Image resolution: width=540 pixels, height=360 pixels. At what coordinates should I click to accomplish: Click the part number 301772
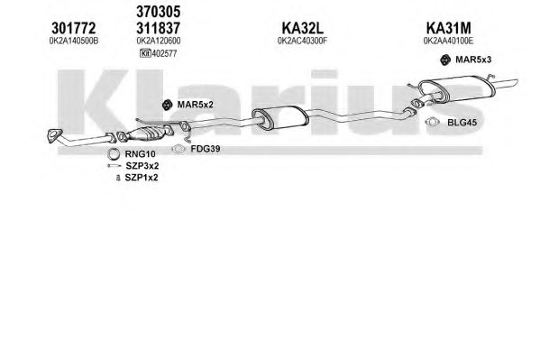coord(73,28)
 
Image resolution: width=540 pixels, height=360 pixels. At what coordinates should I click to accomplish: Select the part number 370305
coord(159,12)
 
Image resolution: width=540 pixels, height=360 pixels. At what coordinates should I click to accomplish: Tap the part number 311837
coord(159,28)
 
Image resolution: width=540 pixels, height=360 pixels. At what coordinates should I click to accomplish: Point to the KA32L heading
coord(303,28)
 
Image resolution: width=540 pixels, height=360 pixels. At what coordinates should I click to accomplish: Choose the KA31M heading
coord(448,28)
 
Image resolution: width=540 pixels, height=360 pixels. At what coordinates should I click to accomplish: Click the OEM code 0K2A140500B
coord(74,41)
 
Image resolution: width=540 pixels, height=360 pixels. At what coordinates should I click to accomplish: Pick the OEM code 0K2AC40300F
coord(302,41)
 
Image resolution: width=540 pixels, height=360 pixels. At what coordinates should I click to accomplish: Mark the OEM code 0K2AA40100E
coord(448,41)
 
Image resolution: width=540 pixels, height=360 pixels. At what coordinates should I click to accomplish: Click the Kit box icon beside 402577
coord(145,53)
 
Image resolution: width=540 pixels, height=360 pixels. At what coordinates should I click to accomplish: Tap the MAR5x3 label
coord(473,60)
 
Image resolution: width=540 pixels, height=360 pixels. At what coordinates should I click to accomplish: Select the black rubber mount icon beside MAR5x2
coord(167,105)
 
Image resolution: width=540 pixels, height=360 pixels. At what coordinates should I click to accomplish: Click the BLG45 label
coord(462,123)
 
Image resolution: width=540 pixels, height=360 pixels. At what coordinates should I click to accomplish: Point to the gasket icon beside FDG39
coord(178,149)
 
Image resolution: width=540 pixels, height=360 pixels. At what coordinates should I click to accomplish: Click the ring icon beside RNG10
coord(114,154)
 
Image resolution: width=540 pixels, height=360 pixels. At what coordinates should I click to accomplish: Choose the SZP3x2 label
coord(142,166)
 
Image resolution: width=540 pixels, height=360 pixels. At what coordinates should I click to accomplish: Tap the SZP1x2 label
coord(142,178)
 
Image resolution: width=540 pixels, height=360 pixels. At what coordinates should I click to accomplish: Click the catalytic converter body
coord(147,134)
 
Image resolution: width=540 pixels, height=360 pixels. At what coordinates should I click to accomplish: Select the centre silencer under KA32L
coord(280,118)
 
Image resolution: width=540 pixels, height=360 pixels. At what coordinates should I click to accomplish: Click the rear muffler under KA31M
coord(457,89)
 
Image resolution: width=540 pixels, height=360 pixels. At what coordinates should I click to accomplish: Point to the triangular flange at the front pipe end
coord(54,135)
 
